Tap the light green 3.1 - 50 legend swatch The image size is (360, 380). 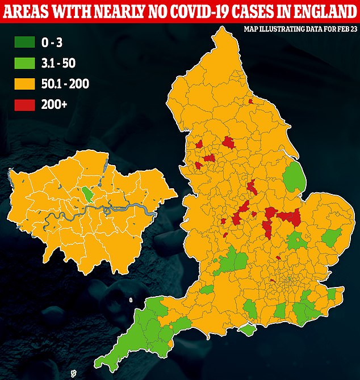tap(23, 63)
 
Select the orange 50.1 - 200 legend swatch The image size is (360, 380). tap(23, 84)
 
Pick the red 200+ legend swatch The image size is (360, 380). tap(23, 104)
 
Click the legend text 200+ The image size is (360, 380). tap(54, 104)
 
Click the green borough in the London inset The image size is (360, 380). tap(87, 195)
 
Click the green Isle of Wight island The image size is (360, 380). tap(247, 330)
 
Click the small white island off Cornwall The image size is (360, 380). tap(73, 374)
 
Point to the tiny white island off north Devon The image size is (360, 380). tap(131, 300)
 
